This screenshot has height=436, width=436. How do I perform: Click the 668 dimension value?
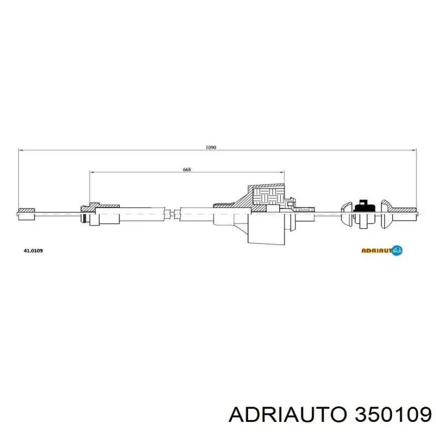(186, 169)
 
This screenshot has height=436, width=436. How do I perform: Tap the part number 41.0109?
(33, 251)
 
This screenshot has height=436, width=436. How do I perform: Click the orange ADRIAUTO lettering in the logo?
(376, 251)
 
